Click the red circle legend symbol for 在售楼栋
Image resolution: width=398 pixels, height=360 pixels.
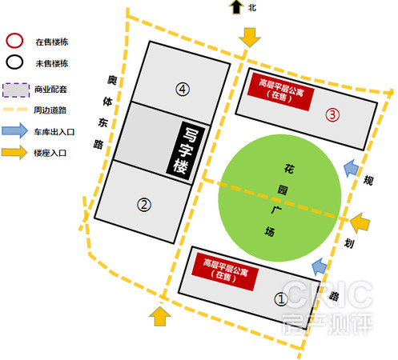point(6,42)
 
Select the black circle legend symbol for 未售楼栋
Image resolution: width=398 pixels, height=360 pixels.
point(6,62)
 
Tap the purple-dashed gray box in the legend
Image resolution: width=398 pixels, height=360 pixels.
point(16,90)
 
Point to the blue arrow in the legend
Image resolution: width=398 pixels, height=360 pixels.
point(15,130)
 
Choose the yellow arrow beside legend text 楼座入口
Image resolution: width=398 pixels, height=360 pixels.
point(14,152)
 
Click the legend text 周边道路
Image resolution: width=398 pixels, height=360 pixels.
point(50,110)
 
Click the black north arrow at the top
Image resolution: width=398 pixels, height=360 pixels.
point(236,7)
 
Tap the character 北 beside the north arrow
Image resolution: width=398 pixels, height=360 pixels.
point(252,8)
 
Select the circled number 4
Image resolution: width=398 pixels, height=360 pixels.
point(183,89)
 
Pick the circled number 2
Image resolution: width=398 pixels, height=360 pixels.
point(144,205)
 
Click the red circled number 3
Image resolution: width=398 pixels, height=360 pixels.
point(332,115)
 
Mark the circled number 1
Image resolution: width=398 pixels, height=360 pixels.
point(281,299)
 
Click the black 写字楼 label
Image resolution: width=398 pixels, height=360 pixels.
point(186,150)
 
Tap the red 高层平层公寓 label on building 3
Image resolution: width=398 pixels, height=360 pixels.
point(280,91)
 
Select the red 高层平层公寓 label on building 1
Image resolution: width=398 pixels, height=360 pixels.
point(225,271)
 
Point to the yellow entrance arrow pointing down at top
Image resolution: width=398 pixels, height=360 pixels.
point(250,38)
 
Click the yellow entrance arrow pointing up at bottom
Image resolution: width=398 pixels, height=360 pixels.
point(160,316)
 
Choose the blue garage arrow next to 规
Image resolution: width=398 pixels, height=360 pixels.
point(351,168)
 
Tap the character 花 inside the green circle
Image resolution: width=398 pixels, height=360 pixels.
point(289,169)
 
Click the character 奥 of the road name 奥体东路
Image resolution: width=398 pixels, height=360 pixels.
point(112,80)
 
